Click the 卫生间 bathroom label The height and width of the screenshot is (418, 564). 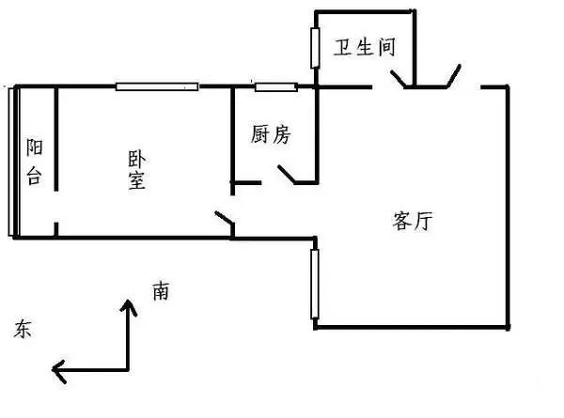(365, 47)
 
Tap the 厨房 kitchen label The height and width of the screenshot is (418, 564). (271, 134)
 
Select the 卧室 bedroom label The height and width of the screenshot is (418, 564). (137, 170)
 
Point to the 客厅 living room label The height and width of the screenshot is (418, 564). (413, 221)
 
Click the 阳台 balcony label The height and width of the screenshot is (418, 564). (35, 162)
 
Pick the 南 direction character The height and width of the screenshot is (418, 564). (161, 291)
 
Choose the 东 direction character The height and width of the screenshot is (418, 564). (23, 329)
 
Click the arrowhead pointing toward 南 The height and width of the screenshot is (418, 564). (128, 307)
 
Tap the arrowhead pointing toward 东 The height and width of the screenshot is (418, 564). (59, 370)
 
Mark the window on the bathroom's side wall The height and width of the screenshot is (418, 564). (315, 48)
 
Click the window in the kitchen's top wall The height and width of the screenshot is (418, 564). (276, 86)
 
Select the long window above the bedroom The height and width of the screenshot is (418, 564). (157, 86)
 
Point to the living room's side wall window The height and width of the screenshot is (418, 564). (315, 284)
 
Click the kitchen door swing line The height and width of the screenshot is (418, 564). (287, 174)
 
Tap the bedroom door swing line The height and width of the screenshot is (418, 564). (225, 217)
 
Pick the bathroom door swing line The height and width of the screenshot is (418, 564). (399, 79)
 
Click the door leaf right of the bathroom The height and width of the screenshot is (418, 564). (454, 76)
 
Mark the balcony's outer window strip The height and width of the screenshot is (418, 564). (11, 162)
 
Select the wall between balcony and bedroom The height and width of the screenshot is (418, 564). (56, 139)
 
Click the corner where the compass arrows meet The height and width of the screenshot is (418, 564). (128, 369)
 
